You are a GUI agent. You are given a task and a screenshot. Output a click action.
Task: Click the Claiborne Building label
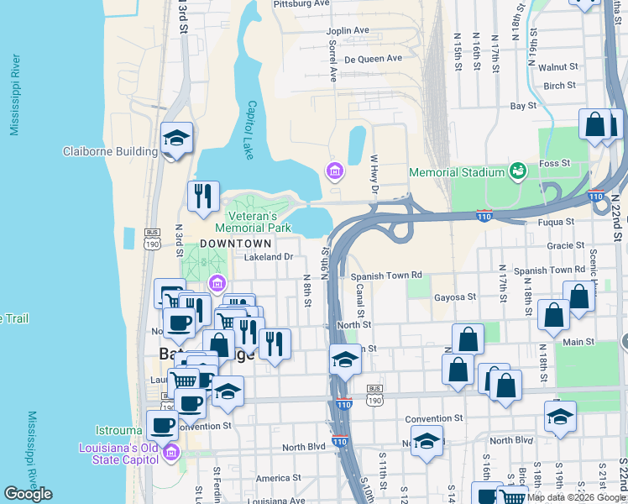[x=110, y=152]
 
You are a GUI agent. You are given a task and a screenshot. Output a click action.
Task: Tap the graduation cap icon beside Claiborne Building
[x=177, y=139]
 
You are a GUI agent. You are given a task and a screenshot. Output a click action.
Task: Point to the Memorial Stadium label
[x=458, y=172]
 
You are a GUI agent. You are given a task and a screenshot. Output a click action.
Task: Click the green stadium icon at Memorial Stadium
[x=518, y=171]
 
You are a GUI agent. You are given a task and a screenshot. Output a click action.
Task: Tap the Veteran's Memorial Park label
[x=253, y=221]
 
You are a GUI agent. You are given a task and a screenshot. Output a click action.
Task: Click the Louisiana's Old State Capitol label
[x=120, y=453]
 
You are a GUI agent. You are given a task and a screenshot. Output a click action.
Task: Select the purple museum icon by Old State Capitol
[x=172, y=453]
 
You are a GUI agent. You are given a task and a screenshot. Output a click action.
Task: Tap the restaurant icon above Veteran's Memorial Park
[x=203, y=197]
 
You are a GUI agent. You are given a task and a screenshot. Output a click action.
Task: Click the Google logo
[x=28, y=494]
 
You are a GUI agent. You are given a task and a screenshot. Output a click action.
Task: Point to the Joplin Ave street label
[x=348, y=30]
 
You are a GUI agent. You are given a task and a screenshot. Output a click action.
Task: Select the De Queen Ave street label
[x=373, y=59]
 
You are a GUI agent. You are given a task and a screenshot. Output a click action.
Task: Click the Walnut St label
[x=559, y=66]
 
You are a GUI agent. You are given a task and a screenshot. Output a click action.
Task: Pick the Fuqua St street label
[x=557, y=222]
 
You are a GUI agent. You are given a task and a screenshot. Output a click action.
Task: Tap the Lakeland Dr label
[x=268, y=257]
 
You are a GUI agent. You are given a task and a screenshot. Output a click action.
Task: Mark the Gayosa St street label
[x=455, y=297]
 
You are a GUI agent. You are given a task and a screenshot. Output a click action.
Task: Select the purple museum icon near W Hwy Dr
[x=335, y=172]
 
